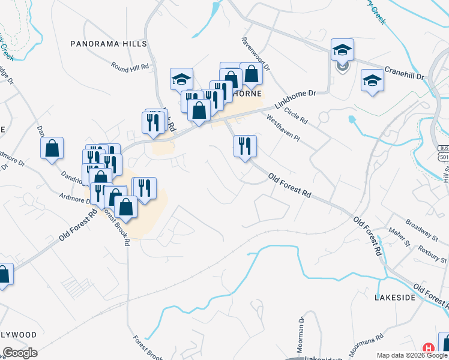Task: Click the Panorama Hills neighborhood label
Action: (x=108, y=44)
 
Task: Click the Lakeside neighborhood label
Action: (x=395, y=297)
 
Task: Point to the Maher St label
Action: (x=397, y=246)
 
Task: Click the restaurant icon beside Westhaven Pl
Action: (x=245, y=146)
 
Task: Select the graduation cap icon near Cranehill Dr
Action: (x=372, y=80)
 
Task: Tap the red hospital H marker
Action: (x=429, y=348)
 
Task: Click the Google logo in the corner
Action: (x=20, y=353)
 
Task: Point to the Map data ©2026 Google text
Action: (x=412, y=355)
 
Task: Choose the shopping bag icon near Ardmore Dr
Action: (x=52, y=148)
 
